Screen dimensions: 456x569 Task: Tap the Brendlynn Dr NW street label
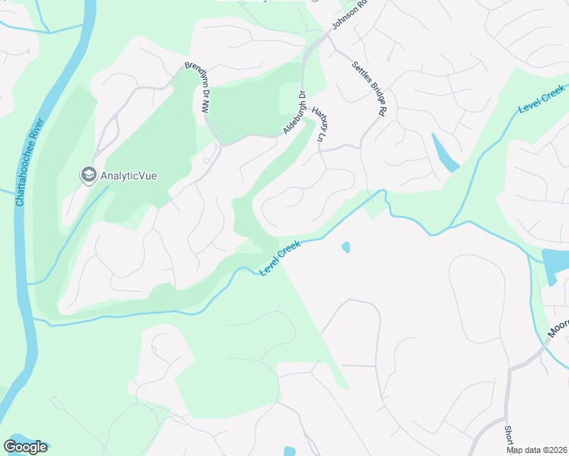tap(195, 87)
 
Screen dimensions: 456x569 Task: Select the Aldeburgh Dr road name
tap(294, 113)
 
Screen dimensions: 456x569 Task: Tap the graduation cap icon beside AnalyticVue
tap(88, 176)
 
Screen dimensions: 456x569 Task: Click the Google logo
tap(25, 447)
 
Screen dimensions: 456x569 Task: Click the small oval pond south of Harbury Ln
tap(346, 248)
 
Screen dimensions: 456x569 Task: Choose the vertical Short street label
tap(508, 435)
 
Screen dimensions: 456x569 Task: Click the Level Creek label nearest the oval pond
tap(281, 258)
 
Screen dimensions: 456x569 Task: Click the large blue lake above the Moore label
tap(556, 266)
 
